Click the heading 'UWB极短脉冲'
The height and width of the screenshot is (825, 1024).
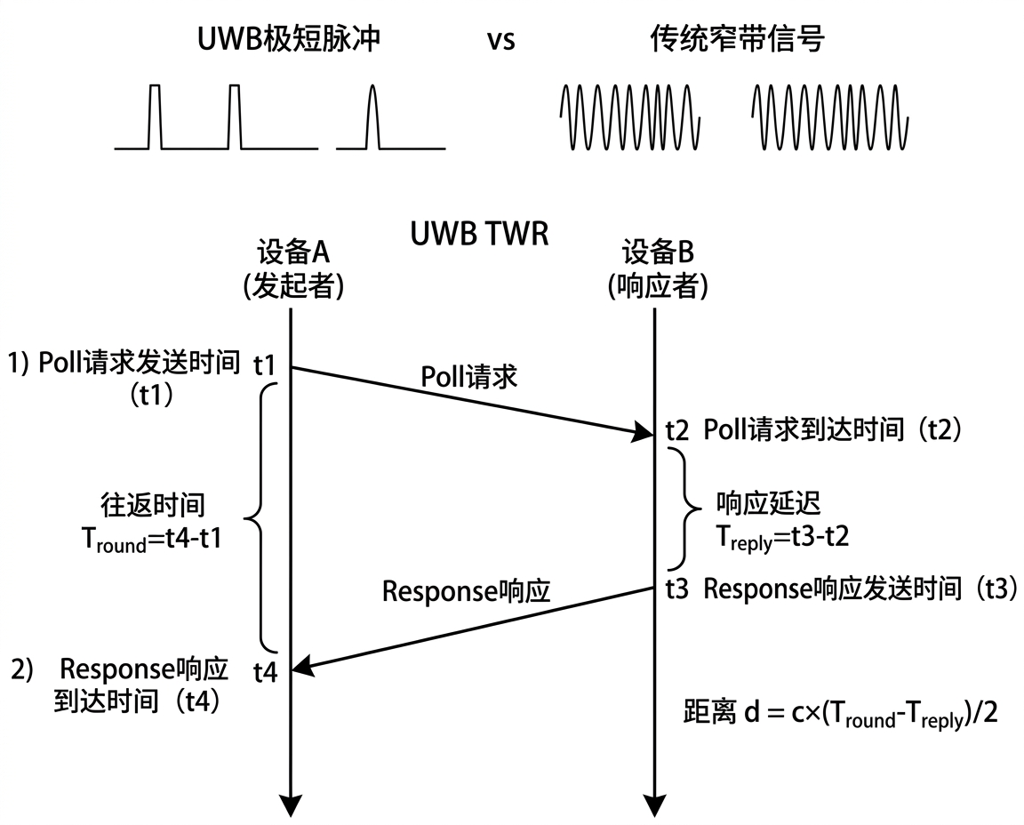pos(290,39)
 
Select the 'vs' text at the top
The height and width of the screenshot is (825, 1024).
pos(500,41)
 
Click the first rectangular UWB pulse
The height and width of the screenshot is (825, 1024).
pos(156,116)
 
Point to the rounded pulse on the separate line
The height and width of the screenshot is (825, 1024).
pos(372,116)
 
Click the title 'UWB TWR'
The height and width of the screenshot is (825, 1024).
pos(479,235)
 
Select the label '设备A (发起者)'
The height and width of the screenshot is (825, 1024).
pos(292,268)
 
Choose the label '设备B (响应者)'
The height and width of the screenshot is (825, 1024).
pos(657,268)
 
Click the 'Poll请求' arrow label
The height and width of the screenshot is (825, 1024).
pos(469,377)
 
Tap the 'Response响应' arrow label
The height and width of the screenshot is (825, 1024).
pos(466,591)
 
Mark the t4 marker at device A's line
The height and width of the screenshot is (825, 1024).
pos(266,673)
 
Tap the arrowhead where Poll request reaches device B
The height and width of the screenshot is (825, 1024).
pos(644,433)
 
